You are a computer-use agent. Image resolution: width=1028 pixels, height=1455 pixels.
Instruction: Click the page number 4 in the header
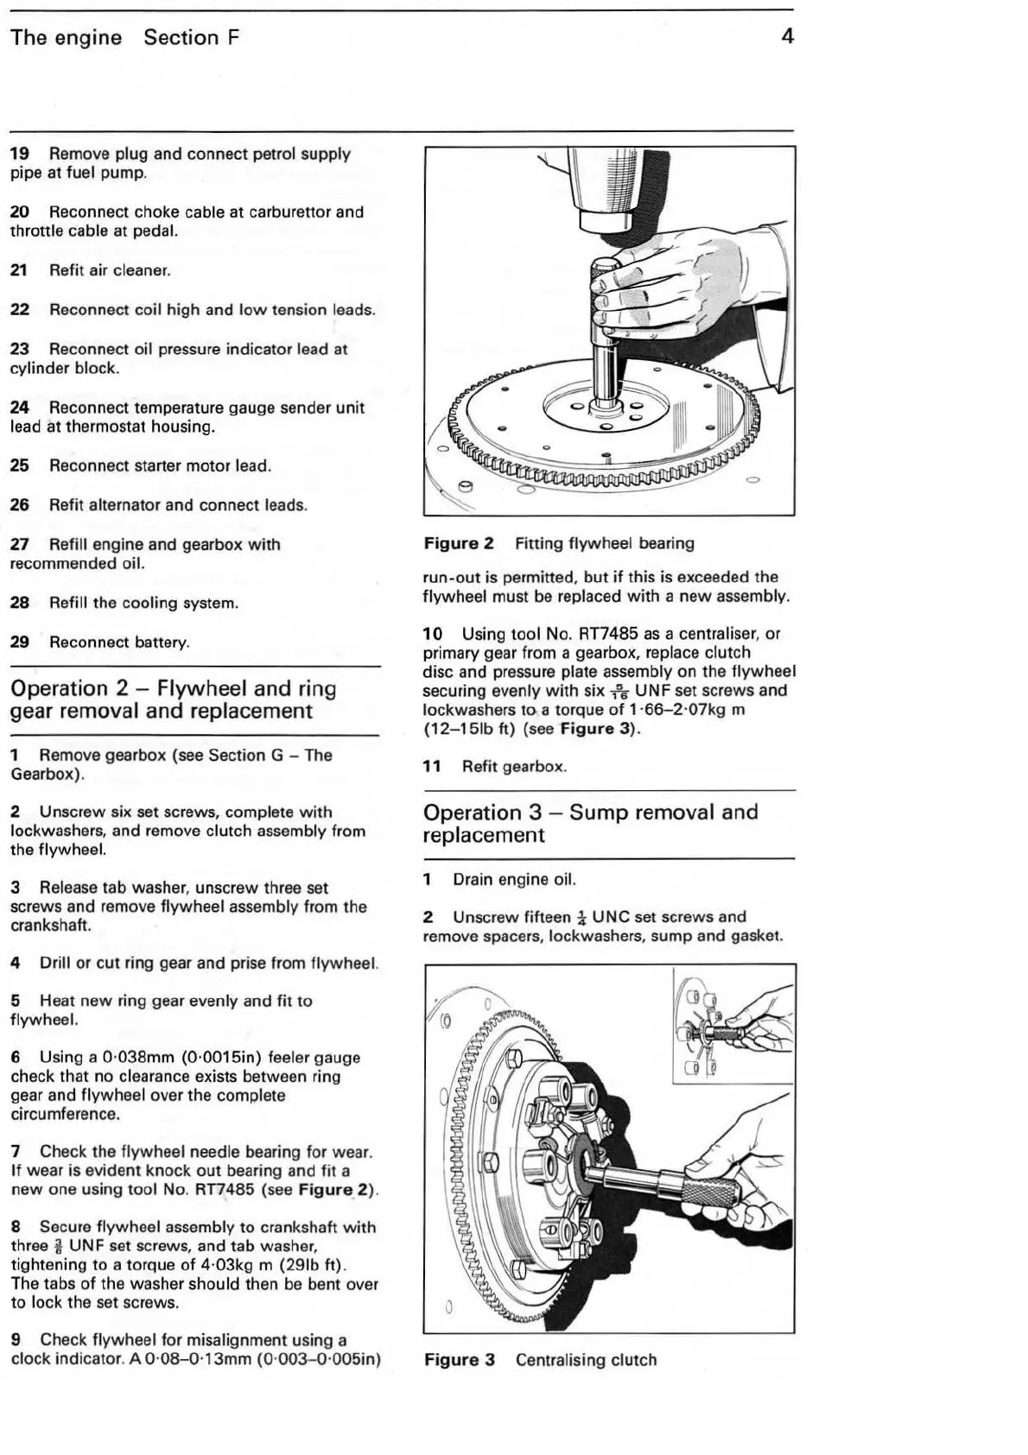[786, 36]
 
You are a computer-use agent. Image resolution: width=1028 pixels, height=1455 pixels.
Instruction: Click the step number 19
[19, 155]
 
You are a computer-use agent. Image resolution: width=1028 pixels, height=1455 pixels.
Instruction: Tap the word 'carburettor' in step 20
[289, 212]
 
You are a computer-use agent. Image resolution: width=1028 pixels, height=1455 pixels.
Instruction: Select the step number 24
[19, 408]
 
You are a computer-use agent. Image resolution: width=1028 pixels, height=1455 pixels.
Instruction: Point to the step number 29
[19, 642]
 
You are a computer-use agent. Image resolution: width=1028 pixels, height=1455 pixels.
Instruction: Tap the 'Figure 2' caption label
[459, 544]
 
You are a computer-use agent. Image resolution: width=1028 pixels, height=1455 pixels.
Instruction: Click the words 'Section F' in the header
[192, 38]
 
